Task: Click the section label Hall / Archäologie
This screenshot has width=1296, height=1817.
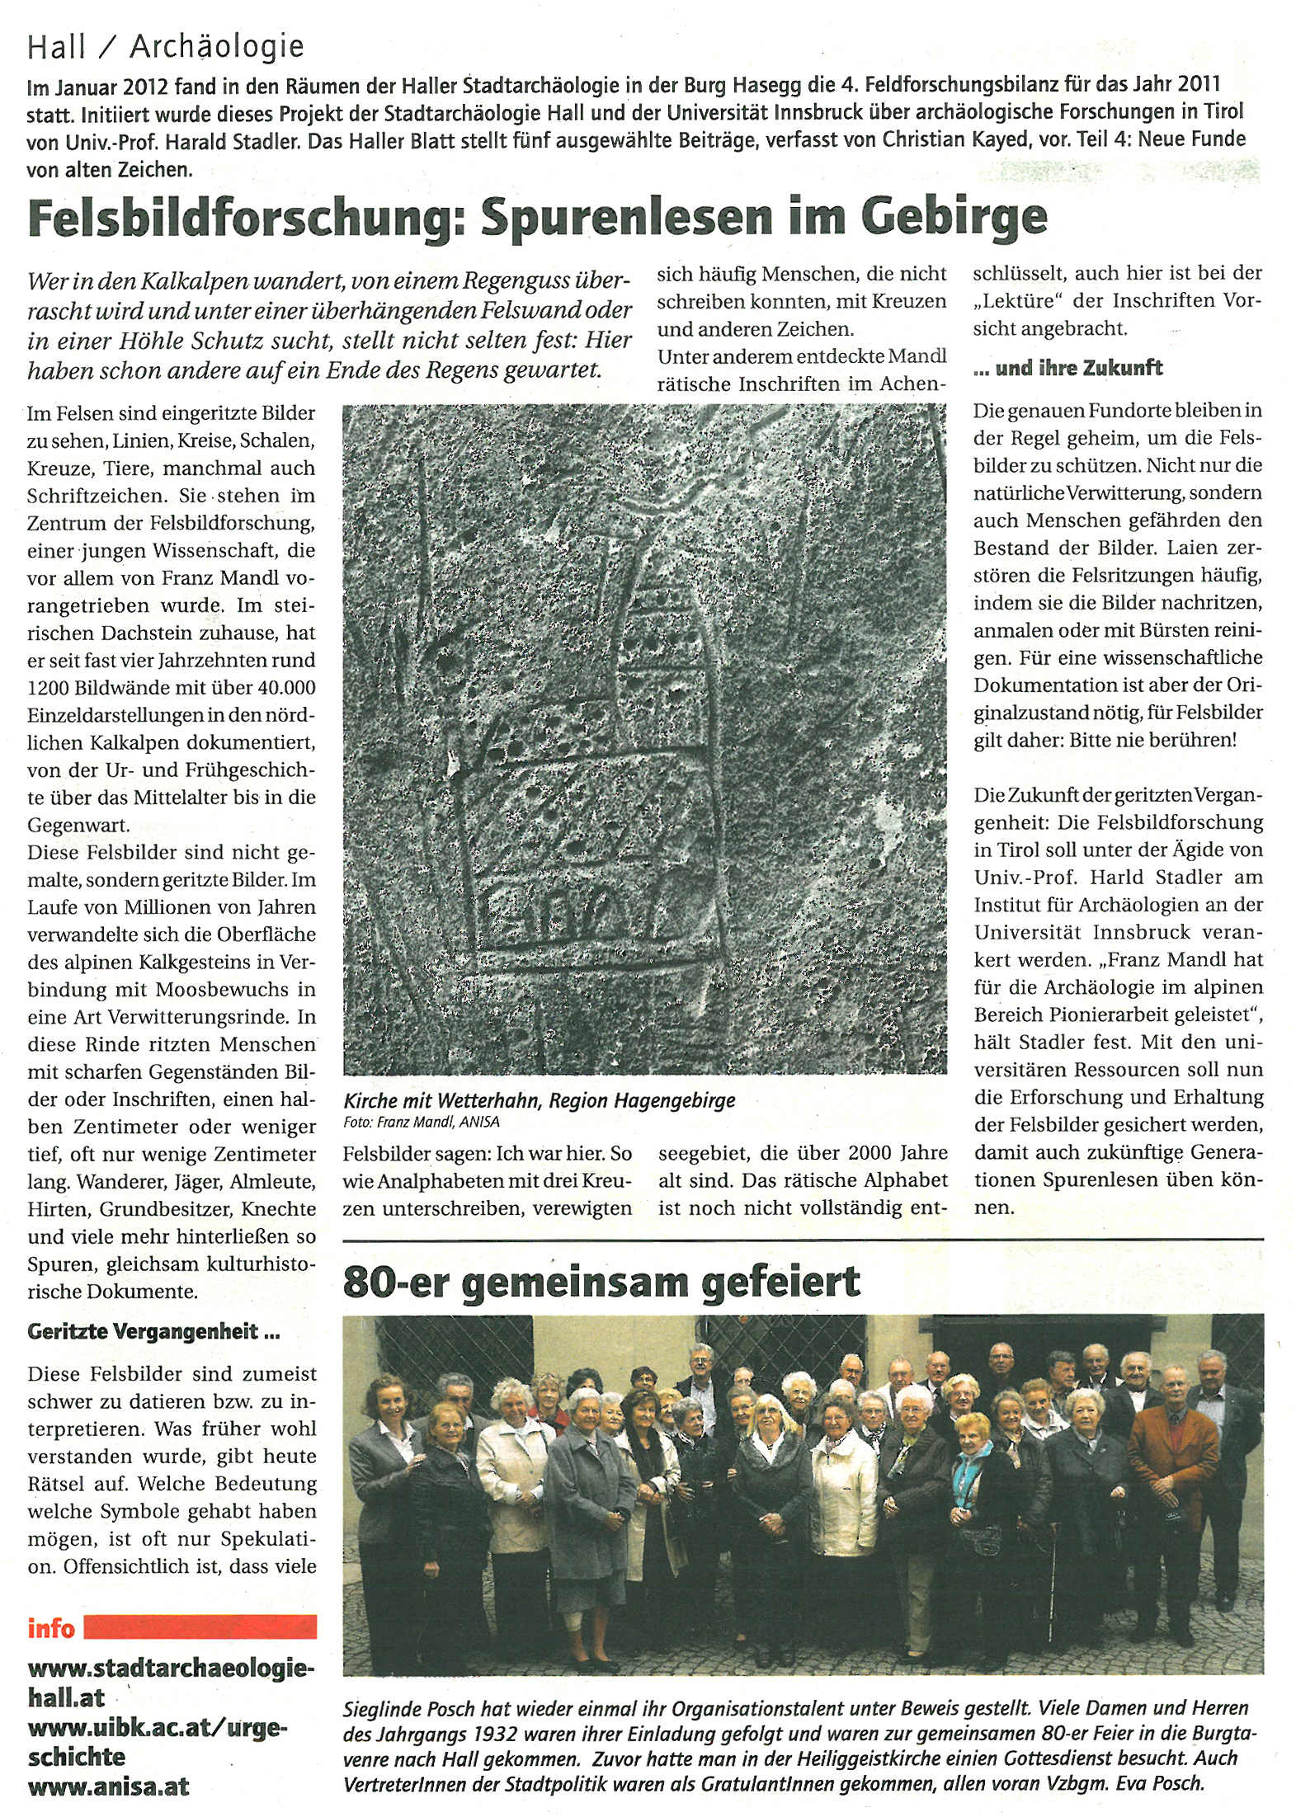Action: (x=165, y=47)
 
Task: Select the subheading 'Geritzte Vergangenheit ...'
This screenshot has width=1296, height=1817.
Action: (x=153, y=1332)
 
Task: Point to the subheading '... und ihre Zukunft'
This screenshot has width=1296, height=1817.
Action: (x=1067, y=368)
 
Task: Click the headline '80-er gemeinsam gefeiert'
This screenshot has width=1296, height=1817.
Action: (x=601, y=1283)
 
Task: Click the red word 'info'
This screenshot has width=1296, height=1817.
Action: (x=51, y=1628)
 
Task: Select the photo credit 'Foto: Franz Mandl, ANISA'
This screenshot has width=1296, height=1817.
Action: (x=421, y=1122)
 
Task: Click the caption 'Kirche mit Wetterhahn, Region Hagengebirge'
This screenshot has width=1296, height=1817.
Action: (x=539, y=1100)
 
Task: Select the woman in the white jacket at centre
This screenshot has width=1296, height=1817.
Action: (x=843, y=1485)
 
